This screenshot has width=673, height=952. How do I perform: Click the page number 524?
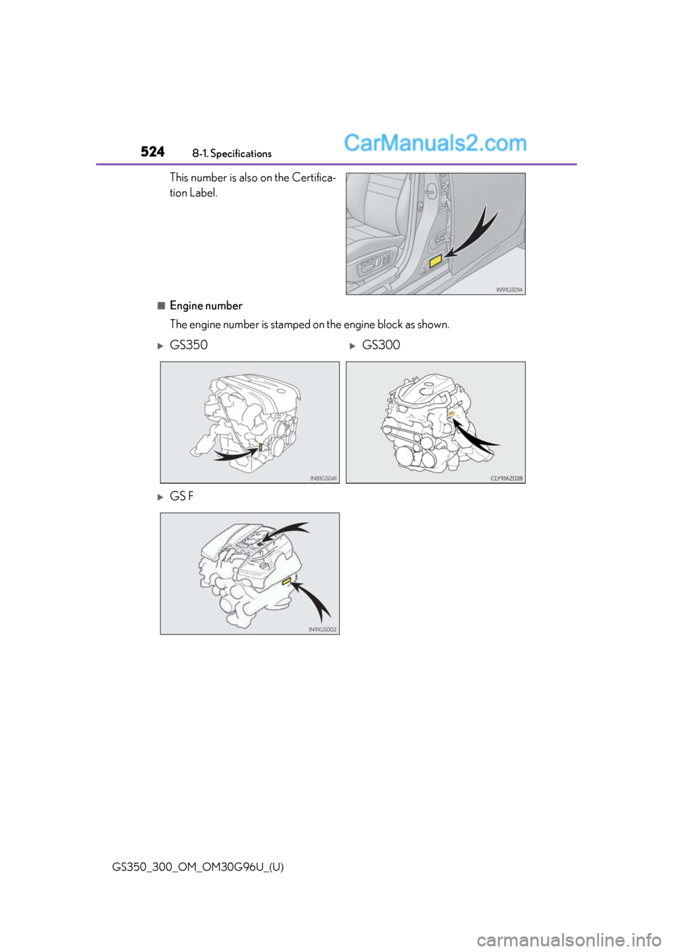point(152,151)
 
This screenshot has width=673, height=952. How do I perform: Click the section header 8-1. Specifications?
point(231,154)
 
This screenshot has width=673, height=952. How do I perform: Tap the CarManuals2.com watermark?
point(435,143)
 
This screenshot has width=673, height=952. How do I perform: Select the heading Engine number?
point(205,306)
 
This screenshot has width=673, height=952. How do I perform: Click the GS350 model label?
point(189,345)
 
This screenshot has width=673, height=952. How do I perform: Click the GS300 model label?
point(381,345)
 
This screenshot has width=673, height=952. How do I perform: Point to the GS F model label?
point(182,496)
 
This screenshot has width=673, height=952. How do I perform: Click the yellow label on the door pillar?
point(435,261)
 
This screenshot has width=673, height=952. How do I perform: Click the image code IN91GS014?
point(509,290)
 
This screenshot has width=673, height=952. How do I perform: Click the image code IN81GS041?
point(323,478)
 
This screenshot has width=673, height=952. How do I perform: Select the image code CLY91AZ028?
point(506,478)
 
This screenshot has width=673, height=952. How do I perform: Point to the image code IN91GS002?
point(322,630)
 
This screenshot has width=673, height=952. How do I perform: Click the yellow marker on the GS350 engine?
point(261,448)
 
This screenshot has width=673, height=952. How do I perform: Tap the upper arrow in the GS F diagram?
point(284,532)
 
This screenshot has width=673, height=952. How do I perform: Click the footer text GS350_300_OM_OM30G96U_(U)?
point(198,867)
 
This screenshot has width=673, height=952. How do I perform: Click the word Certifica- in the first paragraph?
point(313,178)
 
